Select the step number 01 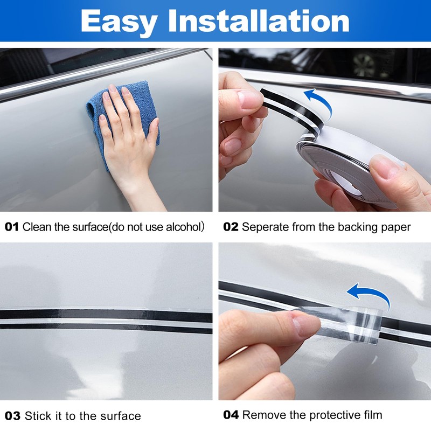pyautogui.click(x=12, y=227)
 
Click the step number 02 pyautogui.click(x=231, y=227)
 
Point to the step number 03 pyautogui.click(x=12, y=416)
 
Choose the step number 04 pyautogui.click(x=231, y=415)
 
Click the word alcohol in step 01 pyautogui.click(x=181, y=227)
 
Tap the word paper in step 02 pyautogui.click(x=396, y=227)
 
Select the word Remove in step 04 pyautogui.click(x=261, y=415)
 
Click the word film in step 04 pyautogui.click(x=372, y=415)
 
